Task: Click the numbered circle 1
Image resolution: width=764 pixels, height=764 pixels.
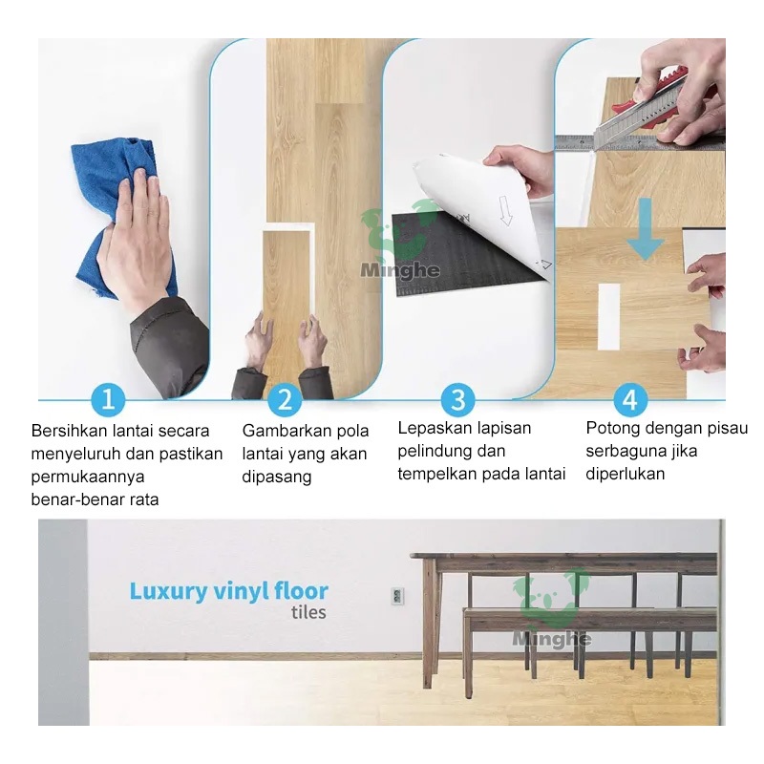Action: click(108, 399)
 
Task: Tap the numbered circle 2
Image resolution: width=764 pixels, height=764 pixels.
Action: click(285, 399)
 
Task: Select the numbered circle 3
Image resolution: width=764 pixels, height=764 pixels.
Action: click(457, 399)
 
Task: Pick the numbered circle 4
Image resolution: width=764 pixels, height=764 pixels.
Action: click(630, 399)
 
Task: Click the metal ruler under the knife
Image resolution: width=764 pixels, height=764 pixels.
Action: click(639, 141)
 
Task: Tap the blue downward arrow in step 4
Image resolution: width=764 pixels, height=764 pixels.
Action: click(646, 228)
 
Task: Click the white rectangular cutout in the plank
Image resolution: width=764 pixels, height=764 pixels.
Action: click(608, 317)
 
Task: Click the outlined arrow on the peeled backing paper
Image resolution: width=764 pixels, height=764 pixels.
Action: click(505, 209)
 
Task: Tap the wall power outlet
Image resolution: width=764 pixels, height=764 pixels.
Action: click(397, 596)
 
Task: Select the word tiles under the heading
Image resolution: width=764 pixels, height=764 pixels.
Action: click(308, 612)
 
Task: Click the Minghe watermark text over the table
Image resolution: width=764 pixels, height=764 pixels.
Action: click(552, 638)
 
